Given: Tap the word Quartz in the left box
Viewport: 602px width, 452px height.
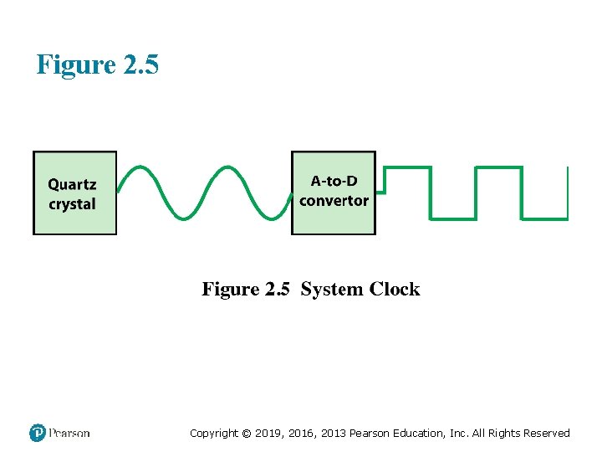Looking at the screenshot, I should pyautogui.click(x=72, y=185).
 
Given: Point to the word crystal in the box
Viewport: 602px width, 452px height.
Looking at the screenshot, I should pyautogui.click(x=72, y=204).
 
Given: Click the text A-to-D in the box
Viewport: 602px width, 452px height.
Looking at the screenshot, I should pyautogui.click(x=334, y=181).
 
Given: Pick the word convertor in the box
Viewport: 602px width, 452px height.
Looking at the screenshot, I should pyautogui.click(x=334, y=201).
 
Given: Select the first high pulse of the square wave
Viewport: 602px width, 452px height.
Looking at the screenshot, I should pyautogui.click(x=407, y=167).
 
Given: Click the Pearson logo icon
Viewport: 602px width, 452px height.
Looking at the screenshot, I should pyautogui.click(x=37, y=433).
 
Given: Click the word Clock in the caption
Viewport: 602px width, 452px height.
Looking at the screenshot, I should pyautogui.click(x=395, y=290).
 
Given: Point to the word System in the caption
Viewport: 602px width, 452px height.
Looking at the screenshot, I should pyautogui.click(x=331, y=290).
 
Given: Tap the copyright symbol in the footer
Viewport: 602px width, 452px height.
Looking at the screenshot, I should pyautogui.click(x=246, y=433).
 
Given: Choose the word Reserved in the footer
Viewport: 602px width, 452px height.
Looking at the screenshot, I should pyautogui.click(x=546, y=433).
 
